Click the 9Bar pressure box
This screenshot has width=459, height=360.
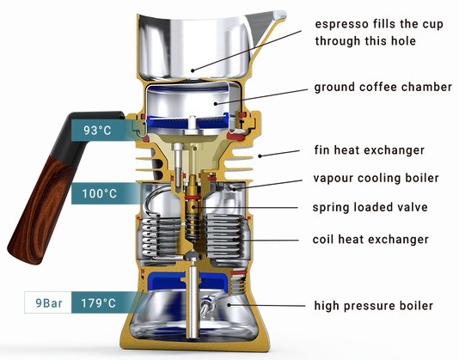(x=48, y=302)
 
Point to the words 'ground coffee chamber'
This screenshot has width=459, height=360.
(x=382, y=88)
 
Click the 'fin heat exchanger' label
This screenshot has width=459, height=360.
(x=369, y=150)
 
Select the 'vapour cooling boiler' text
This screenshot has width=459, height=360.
(x=376, y=178)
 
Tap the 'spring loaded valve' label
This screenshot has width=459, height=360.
(x=370, y=207)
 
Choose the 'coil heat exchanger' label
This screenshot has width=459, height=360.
(x=370, y=239)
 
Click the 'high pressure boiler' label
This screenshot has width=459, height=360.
(x=374, y=306)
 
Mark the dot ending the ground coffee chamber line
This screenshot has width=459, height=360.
(x=216, y=103)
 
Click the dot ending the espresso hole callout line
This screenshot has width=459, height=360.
(x=193, y=70)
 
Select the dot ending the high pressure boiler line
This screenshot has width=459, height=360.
(x=229, y=305)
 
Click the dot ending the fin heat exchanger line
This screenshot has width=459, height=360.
(x=260, y=156)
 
